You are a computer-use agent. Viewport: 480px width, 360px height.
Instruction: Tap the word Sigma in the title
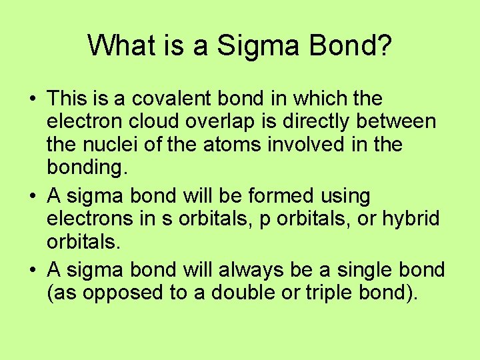[x=250, y=47]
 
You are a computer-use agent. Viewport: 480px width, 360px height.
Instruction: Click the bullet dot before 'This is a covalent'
[x=32, y=99]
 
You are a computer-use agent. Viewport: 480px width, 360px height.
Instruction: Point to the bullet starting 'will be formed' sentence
[x=32, y=197]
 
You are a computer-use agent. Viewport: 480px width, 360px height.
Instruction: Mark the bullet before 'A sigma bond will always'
[x=32, y=270]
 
